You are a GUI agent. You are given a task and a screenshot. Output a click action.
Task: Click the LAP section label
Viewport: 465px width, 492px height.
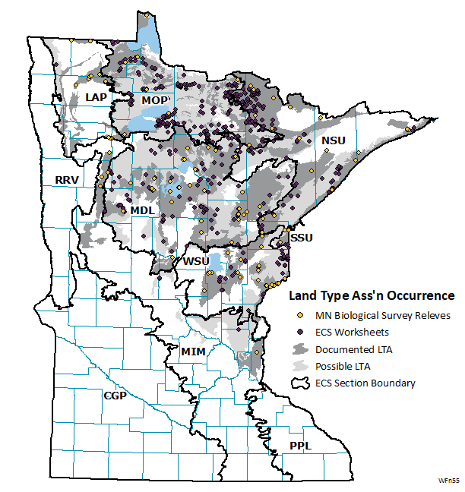96,97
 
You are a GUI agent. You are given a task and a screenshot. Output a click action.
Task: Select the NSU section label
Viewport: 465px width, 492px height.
333,141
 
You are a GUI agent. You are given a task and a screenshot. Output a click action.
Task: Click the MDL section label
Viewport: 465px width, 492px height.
142,210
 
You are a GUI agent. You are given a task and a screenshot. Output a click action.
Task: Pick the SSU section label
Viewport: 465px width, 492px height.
301,238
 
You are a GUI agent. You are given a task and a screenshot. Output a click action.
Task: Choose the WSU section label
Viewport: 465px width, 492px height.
196,261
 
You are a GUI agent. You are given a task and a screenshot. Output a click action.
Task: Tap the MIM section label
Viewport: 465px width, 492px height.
193,351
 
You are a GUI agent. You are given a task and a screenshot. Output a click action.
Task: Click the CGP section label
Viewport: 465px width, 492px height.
115,396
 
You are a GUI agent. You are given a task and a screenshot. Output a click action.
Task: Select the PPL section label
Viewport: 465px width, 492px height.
300,446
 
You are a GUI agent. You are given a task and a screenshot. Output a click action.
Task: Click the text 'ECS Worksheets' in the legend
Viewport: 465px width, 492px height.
353,332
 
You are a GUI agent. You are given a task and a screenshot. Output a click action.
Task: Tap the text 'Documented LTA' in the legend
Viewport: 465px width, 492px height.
354,349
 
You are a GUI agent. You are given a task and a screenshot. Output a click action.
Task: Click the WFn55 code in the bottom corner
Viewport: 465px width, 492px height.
449,481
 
